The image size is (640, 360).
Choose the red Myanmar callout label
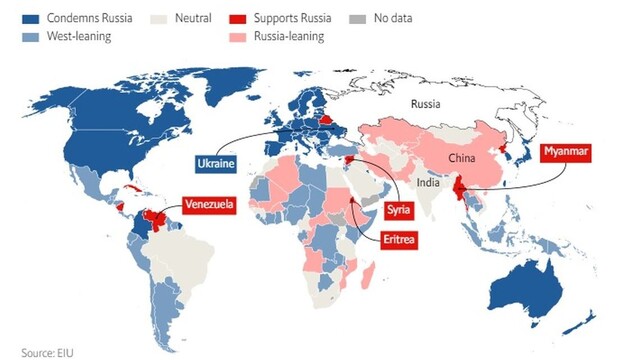(567, 153)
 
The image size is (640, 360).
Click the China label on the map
(461, 158)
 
